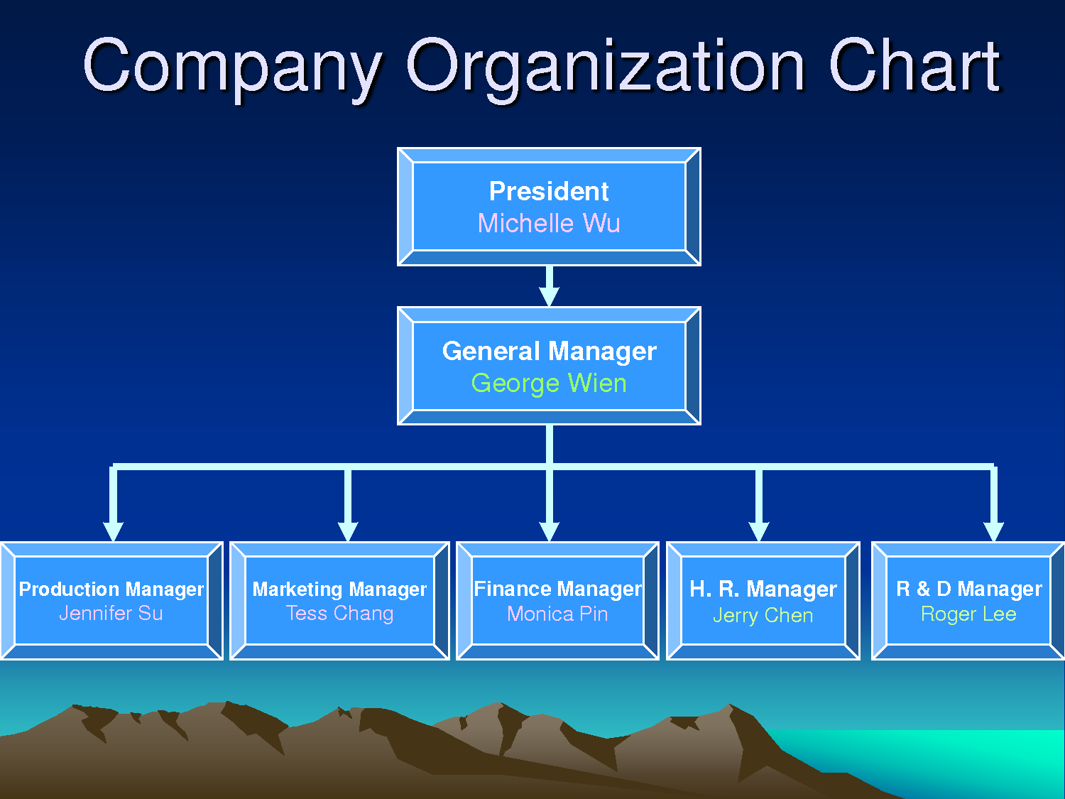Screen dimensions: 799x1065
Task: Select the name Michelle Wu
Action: point(549,223)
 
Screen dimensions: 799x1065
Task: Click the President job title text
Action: point(549,191)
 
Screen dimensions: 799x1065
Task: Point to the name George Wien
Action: point(549,384)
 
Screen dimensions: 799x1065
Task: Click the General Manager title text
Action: point(549,351)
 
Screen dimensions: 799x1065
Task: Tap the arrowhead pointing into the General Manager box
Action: point(549,296)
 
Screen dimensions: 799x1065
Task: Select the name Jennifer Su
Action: point(111,613)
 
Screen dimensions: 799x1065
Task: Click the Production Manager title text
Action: point(111,589)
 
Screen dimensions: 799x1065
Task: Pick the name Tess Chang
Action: point(339,613)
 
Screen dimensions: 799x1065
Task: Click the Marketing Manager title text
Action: point(339,589)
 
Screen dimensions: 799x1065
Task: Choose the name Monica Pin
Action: point(557,614)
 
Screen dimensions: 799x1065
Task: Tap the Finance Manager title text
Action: point(557,589)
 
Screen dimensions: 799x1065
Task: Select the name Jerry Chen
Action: point(763,615)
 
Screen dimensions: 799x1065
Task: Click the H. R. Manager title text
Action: point(763,589)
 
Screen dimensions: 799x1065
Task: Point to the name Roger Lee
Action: point(968,614)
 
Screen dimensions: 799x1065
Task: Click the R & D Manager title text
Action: point(968,589)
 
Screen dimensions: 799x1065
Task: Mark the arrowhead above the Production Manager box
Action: point(113,532)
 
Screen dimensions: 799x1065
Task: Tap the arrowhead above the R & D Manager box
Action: point(993,532)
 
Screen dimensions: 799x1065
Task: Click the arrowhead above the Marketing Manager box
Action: point(348,532)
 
